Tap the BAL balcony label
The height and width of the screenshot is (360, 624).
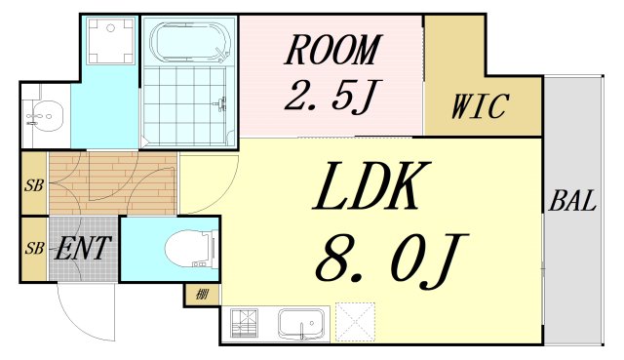tap(572, 203)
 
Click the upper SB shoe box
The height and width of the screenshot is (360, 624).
tap(33, 183)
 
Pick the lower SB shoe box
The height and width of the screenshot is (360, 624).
tap(33, 248)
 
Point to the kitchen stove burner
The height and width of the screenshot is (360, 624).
tap(244, 321)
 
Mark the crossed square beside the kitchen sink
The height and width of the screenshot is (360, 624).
tap(355, 321)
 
